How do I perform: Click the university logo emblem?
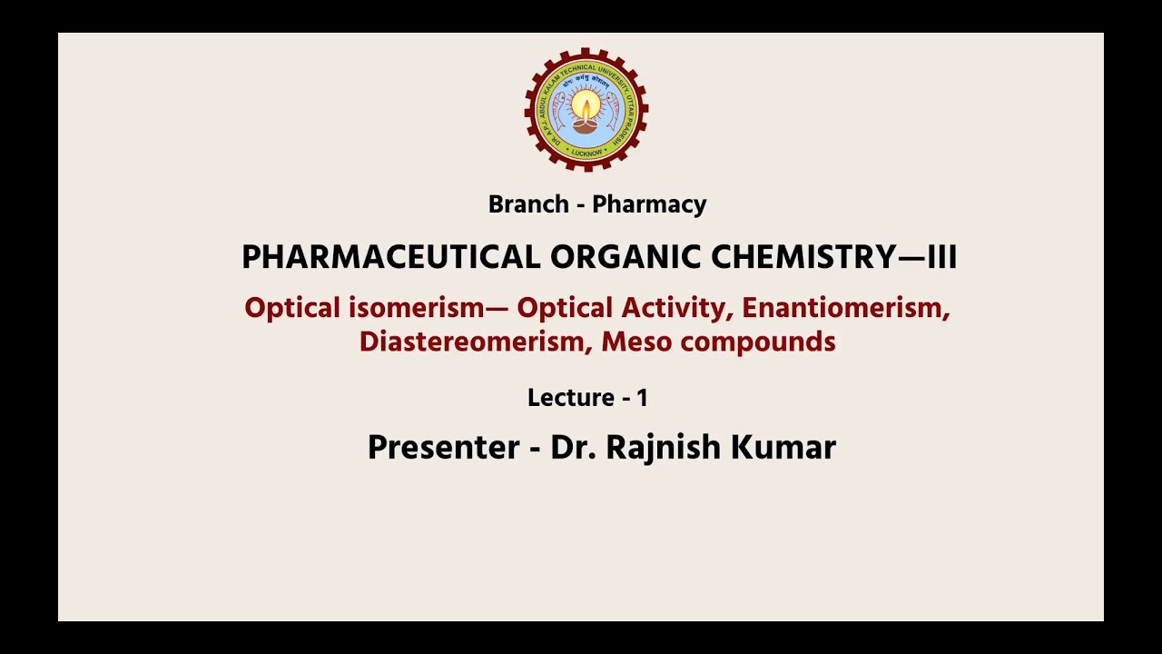(586, 110)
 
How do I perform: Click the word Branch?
(528, 204)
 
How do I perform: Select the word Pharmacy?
(649, 204)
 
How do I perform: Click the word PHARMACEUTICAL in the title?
(390, 257)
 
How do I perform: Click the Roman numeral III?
(941, 257)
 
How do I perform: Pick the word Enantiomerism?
(846, 308)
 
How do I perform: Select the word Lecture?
(571, 398)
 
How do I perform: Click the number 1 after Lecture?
(642, 398)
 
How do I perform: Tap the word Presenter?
(443, 447)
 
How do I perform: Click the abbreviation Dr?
(571, 447)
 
